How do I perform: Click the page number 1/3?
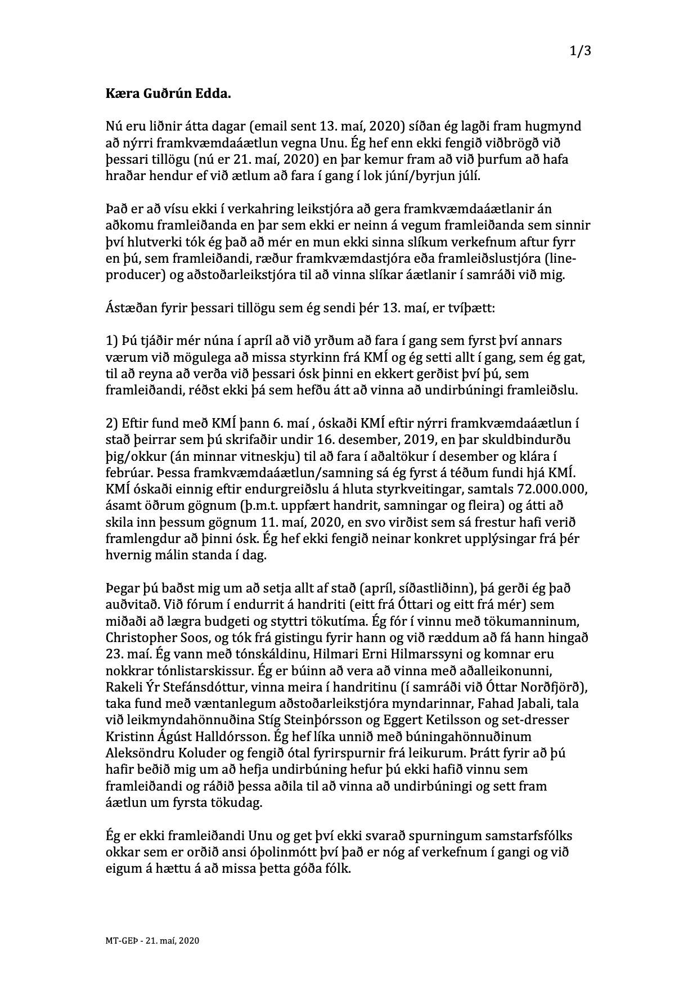click(x=581, y=52)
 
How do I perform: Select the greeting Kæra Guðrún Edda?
click(x=168, y=94)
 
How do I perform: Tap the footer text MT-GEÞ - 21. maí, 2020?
click(x=152, y=940)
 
